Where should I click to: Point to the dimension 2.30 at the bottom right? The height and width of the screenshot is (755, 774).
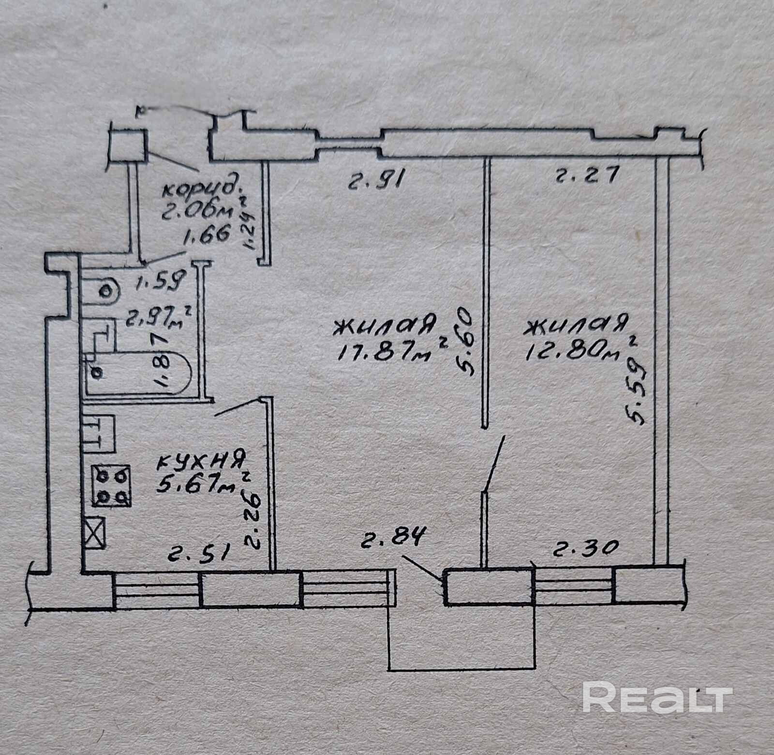tap(585, 548)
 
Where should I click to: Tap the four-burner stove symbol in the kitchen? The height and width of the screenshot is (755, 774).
tap(112, 485)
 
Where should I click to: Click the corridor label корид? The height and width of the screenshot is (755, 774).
tap(202, 187)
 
